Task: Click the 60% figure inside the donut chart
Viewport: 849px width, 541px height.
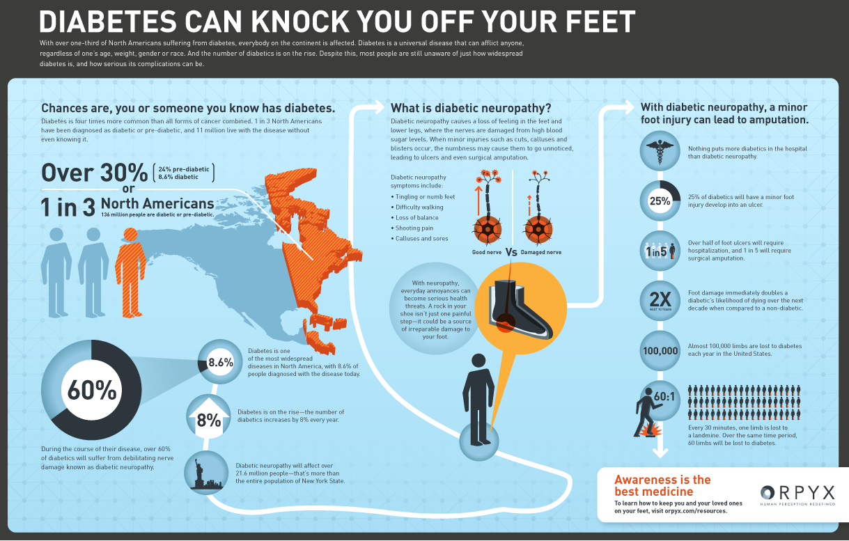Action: (92, 391)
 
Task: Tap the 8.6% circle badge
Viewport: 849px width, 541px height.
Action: (220, 362)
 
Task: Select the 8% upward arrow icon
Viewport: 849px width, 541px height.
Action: (208, 418)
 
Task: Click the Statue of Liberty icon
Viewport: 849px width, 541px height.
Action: (206, 473)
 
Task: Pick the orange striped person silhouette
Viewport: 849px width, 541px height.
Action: (131, 272)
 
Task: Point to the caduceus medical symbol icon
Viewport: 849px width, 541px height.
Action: (660, 151)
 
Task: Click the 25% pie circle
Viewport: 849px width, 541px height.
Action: (660, 201)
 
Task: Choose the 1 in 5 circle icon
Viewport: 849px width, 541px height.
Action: (660, 251)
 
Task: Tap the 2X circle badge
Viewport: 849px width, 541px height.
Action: (660, 301)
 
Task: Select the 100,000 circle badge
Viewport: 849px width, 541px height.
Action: (660, 351)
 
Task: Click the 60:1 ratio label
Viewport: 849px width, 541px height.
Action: (664, 396)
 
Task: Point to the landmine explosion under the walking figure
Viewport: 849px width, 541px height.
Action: (652, 431)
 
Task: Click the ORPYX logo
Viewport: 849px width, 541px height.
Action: (797, 495)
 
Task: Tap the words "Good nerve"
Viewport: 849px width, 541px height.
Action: (487, 252)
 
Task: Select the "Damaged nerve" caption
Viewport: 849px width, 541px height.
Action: (541, 252)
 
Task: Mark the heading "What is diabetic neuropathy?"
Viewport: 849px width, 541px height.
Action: (471, 108)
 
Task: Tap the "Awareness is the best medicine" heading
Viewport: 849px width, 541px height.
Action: (662, 486)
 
